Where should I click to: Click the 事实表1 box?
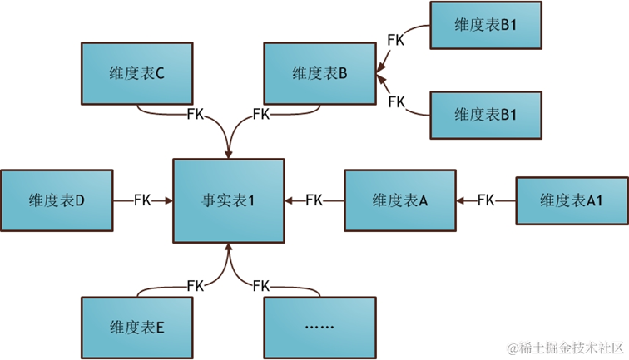pos(228,200)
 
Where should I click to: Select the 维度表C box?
pos(136,74)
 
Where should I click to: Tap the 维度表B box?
pos(319,74)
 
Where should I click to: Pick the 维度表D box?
pos(57,200)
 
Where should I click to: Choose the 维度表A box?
pos(399,200)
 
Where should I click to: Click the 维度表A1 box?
pos(572,200)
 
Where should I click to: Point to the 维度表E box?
pos(136,327)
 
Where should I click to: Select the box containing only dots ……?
pos(319,327)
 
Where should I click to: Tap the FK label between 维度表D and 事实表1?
pos(142,200)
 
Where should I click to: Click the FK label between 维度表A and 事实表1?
pos(314,200)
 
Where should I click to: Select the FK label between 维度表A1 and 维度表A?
pos(486,200)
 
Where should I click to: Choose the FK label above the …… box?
pos(260,286)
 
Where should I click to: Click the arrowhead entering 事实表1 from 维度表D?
pos(169,200)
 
